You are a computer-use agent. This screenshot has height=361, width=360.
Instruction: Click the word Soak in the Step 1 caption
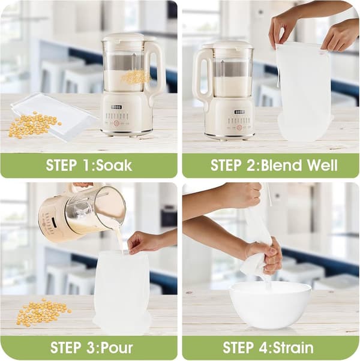(x=113, y=165)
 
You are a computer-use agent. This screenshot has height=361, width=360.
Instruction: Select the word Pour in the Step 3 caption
(x=118, y=347)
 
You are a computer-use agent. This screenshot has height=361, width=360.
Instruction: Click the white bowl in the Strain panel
(x=271, y=305)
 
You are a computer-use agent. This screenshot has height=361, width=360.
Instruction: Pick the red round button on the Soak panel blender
(x=116, y=123)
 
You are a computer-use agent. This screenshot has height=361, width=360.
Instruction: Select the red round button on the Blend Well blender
(x=240, y=127)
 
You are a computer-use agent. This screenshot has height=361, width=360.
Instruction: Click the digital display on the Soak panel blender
(x=116, y=107)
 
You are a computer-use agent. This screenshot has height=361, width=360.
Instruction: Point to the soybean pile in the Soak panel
(x=35, y=125)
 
